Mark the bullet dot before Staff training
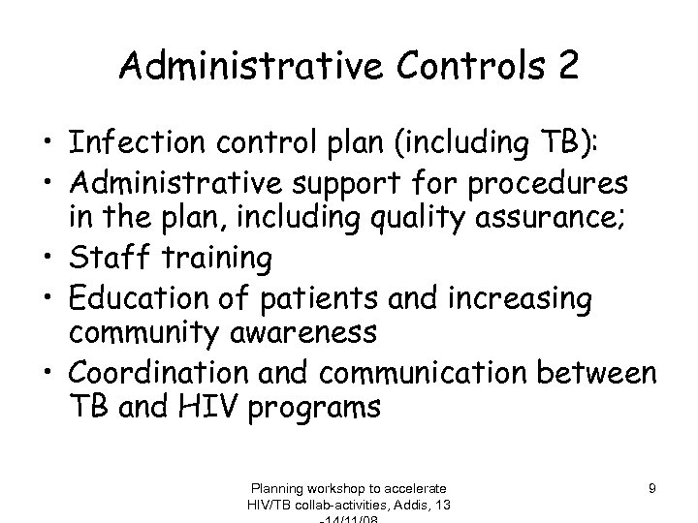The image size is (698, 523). tap(48, 259)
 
